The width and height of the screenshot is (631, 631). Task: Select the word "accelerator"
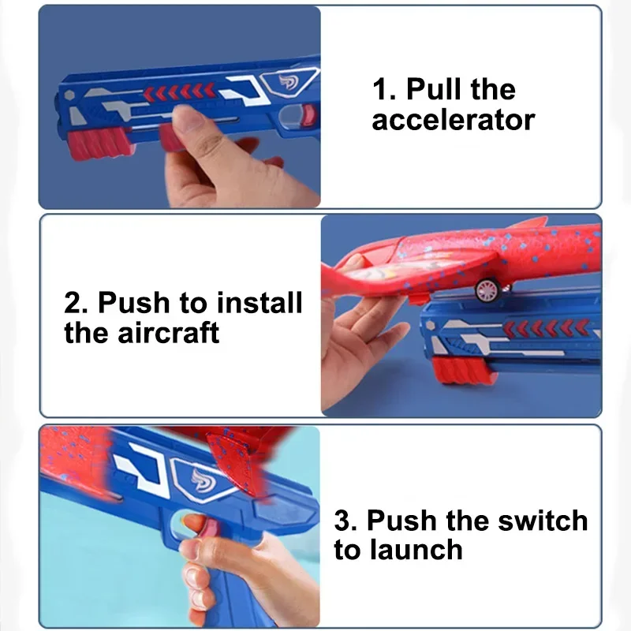point(454,121)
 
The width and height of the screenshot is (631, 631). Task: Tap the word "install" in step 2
point(259,303)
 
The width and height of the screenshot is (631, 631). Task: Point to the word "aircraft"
point(170,333)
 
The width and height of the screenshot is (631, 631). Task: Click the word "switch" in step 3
point(541,521)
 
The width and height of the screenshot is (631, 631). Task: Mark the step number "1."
point(384,90)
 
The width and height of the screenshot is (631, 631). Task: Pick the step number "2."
point(77,303)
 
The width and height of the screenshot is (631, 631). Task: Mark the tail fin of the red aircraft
point(530,223)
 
